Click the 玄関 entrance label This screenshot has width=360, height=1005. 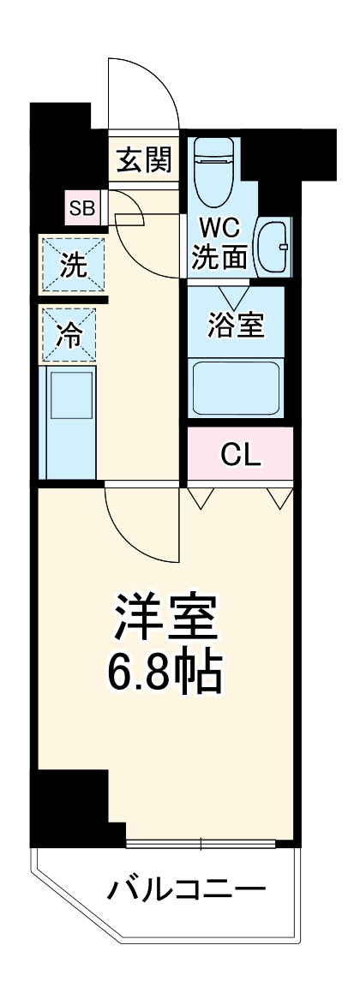point(144,159)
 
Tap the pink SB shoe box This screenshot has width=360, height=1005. point(83,206)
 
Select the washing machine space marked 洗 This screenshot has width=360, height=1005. point(73,265)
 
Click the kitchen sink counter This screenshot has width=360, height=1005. point(69,422)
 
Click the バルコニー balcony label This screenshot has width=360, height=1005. point(186,890)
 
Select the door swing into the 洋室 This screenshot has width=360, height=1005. point(141,523)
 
